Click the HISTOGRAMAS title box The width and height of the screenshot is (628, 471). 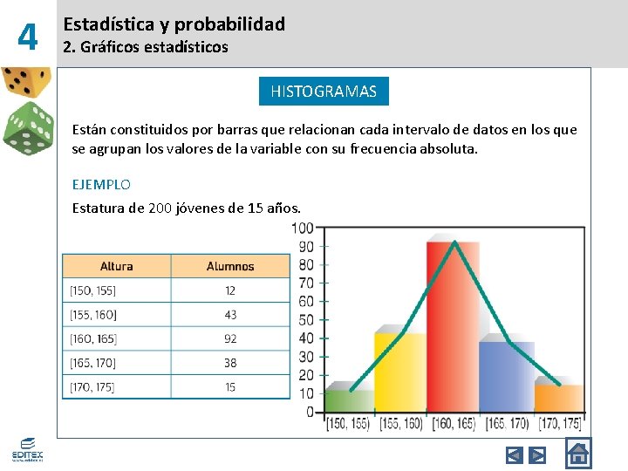(x=324, y=92)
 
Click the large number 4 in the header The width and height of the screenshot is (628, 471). (x=28, y=37)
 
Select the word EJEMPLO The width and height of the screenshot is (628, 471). (x=101, y=184)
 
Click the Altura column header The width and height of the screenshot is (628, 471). (x=117, y=266)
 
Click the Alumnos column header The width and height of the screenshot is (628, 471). (x=230, y=266)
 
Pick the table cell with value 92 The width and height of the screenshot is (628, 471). (x=230, y=338)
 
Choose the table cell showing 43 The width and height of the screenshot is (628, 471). (x=230, y=314)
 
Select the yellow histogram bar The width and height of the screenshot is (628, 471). (x=399, y=371)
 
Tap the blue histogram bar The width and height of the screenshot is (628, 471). (x=506, y=377)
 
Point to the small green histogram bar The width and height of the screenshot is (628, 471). (x=348, y=399)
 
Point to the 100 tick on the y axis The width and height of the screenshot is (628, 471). (x=303, y=229)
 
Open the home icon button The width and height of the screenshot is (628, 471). (x=578, y=454)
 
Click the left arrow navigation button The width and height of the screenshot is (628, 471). (x=515, y=454)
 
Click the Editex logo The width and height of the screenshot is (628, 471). (x=26, y=450)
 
